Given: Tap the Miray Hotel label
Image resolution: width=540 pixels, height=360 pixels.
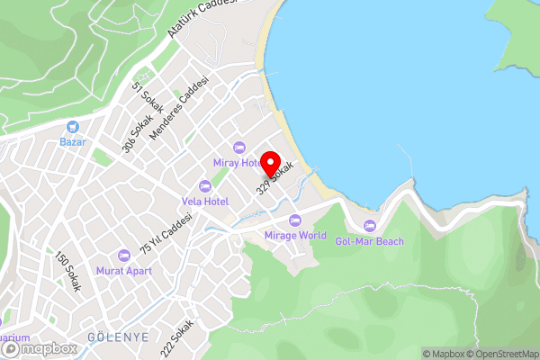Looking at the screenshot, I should click(238, 162).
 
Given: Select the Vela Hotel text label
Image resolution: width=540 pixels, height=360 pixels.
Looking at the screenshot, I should click(205, 201).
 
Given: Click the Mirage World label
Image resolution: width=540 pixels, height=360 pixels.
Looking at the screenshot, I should click(295, 236).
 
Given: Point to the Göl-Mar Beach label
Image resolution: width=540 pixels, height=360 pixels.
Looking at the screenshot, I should click(369, 241).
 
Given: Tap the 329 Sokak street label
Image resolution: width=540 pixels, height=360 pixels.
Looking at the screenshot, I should click(275, 178).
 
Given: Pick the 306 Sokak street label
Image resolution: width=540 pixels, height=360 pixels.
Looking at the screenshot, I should click(134, 137).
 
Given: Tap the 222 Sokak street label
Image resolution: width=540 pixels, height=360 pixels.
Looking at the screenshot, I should click(180, 337).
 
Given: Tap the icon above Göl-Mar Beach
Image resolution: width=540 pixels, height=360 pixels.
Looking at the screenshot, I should click(369, 226).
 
